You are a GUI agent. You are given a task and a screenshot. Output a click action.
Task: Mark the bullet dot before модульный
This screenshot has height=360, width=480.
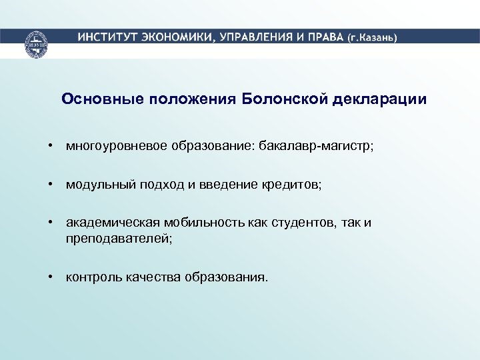tap(50, 184)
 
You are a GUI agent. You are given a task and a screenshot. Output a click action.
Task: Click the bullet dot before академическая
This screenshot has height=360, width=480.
tap(50, 223)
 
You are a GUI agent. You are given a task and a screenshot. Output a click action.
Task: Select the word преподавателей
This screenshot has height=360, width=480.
tap(117, 237)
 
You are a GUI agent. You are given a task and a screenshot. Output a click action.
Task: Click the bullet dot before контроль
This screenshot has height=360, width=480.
tap(50, 276)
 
